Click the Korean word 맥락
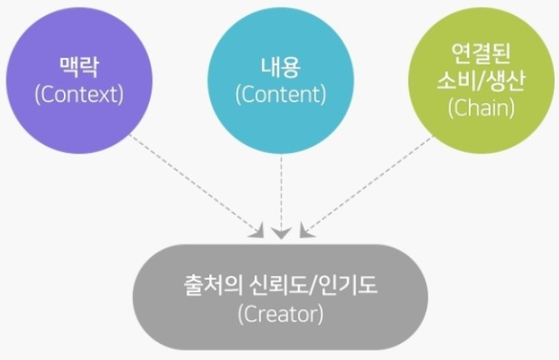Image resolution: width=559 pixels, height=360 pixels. click(79, 66)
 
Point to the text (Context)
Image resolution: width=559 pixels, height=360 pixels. click(79, 93)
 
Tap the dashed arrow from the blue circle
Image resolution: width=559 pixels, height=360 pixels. click(282, 191)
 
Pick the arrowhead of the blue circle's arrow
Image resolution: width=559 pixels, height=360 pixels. click(282, 231)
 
